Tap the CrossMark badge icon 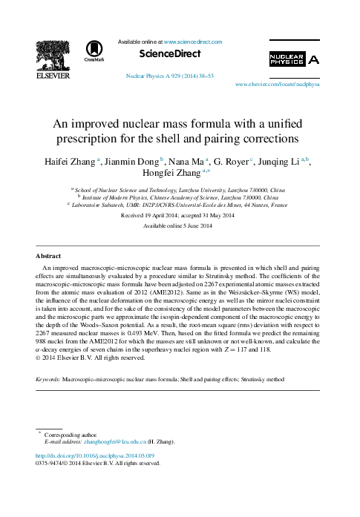pyautogui.click(x=94, y=49)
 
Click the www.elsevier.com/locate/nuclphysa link pyautogui.click(x=277, y=85)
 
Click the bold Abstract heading pyautogui.click(x=48, y=256)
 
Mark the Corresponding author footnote pyautogui.click(x=71, y=434)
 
